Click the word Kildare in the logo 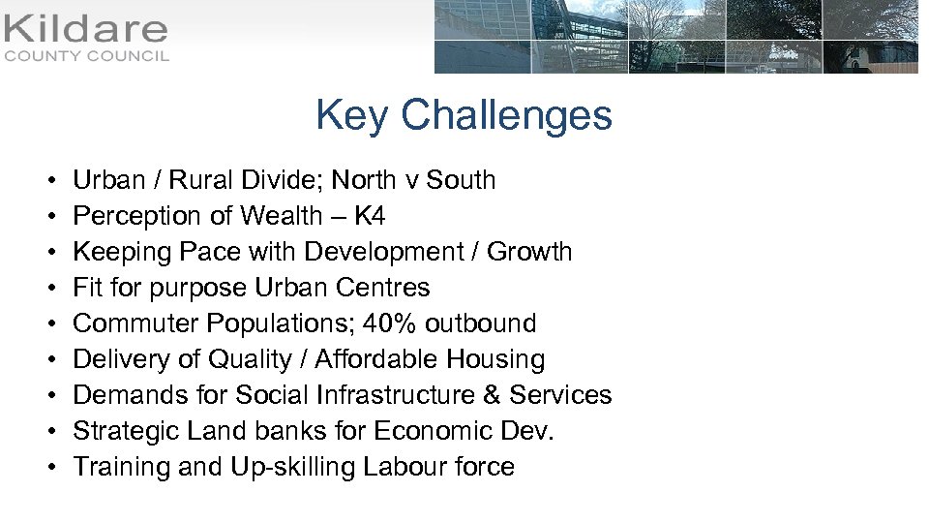coord(86,28)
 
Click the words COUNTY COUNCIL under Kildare coord(86,56)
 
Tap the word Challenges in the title coord(506,115)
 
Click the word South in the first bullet coord(461,180)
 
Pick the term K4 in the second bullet coord(370,216)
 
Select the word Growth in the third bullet coord(529,252)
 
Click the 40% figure coord(396,323)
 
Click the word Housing coord(495,359)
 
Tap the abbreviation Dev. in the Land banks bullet coord(530,431)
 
